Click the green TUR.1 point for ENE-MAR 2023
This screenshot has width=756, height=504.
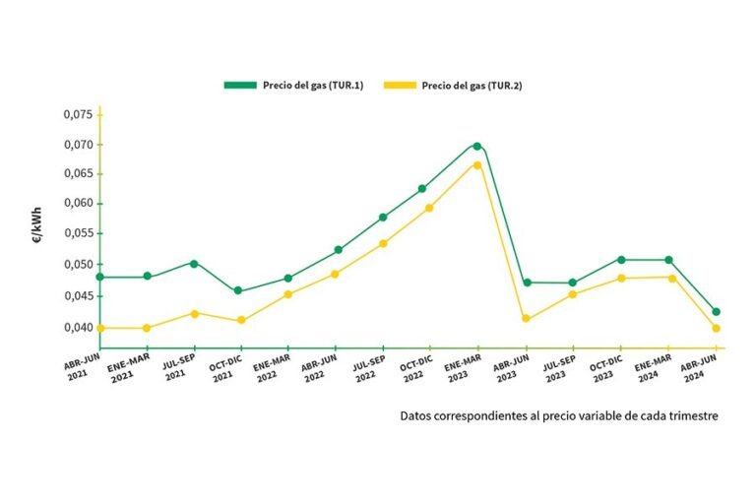click(x=477, y=147)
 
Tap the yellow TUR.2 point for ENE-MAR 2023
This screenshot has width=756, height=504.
click(x=477, y=164)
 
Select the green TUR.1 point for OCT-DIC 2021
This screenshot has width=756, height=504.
click(x=238, y=290)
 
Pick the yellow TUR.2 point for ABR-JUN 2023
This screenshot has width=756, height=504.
click(x=526, y=318)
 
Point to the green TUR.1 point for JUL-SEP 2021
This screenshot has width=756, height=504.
click(x=194, y=263)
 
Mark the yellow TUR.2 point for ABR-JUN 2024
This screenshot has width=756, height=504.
click(x=717, y=328)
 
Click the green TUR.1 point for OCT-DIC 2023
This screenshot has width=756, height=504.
click(x=621, y=260)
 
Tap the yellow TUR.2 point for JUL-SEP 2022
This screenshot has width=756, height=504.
click(x=383, y=243)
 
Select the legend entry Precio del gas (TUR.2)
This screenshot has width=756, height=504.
click(x=472, y=85)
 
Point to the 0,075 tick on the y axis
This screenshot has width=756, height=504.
click(x=78, y=115)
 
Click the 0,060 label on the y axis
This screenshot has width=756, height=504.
click(x=78, y=204)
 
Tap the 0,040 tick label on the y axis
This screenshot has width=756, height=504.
click(x=78, y=328)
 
